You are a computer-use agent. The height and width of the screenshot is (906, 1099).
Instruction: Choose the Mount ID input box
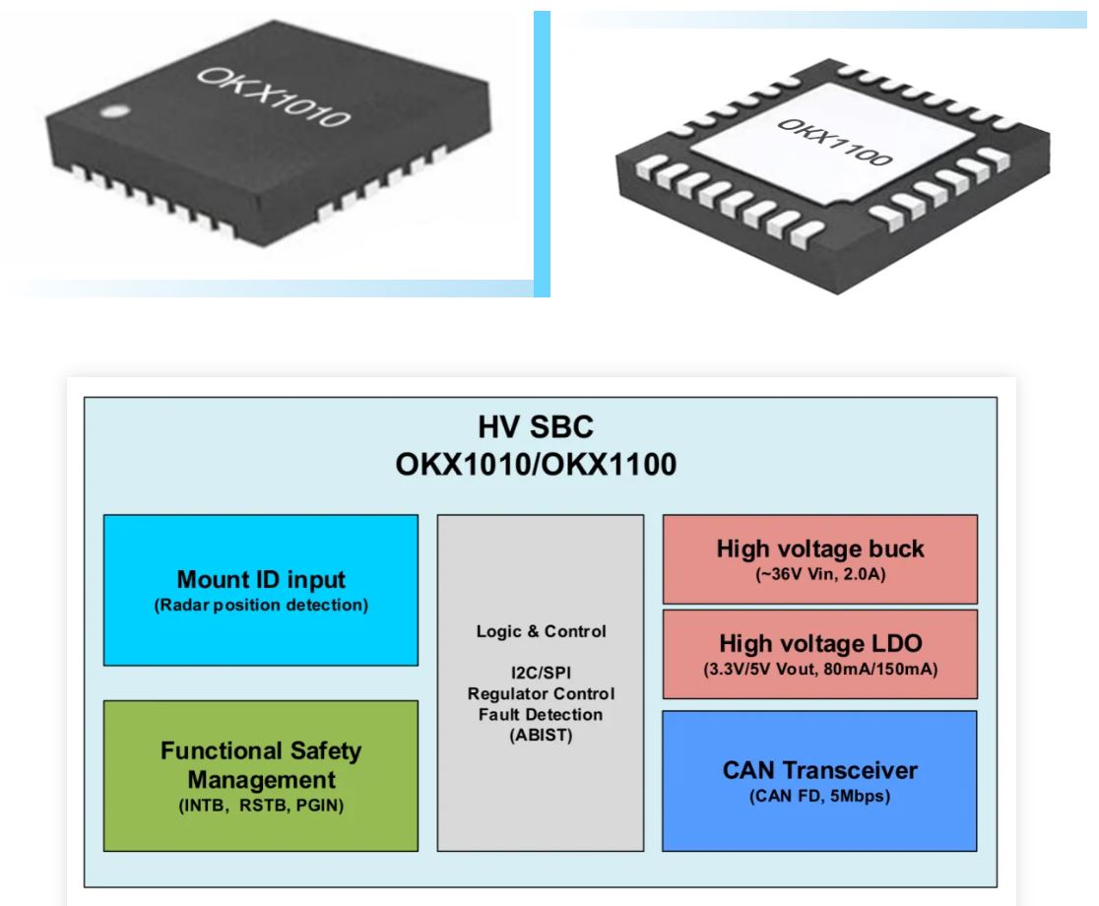(x=261, y=590)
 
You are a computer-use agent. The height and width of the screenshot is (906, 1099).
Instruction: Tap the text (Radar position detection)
(x=261, y=605)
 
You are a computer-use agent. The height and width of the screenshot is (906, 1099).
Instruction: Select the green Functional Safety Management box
(x=261, y=775)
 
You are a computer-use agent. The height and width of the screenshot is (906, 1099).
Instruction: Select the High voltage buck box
(x=819, y=557)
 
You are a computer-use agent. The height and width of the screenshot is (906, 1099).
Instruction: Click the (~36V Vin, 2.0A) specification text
(x=819, y=575)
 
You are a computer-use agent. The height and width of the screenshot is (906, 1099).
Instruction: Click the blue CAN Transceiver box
(x=819, y=779)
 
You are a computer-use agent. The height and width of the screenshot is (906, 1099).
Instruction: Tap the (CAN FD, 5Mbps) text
(x=819, y=797)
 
